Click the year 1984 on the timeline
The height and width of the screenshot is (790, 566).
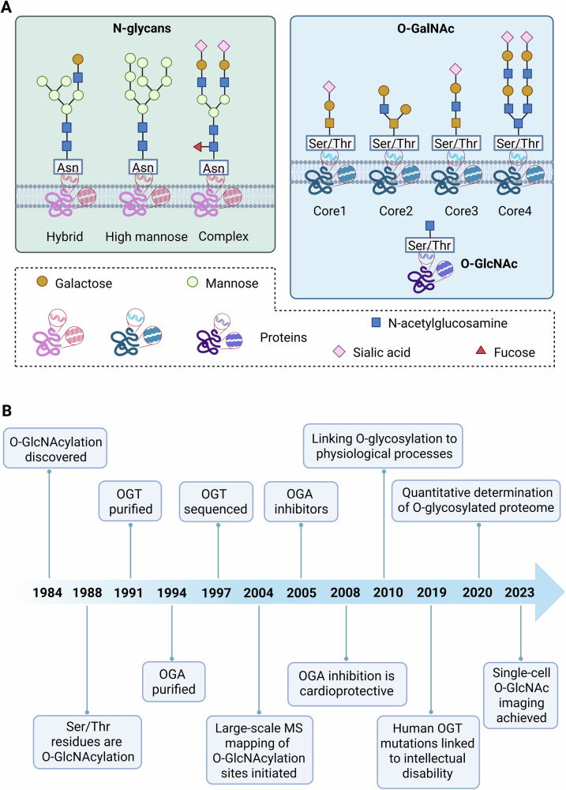point(47,592)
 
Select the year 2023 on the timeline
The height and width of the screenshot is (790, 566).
point(519,592)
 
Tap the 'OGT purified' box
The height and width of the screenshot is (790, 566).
point(130,502)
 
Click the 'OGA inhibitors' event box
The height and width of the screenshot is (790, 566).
point(301,502)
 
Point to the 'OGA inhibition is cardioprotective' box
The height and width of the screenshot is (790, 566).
point(347,683)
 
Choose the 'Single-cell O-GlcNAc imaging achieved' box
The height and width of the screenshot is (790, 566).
point(521,694)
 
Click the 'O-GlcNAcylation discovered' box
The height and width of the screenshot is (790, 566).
point(55,449)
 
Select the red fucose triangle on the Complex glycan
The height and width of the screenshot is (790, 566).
point(198,147)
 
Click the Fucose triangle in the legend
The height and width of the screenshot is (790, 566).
point(481,350)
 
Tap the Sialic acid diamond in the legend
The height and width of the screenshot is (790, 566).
point(339,352)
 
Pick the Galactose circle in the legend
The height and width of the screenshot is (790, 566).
point(42,281)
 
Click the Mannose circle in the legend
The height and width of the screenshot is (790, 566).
point(193,282)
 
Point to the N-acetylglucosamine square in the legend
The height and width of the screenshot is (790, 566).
point(376,322)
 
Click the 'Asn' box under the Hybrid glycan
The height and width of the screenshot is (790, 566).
point(67,167)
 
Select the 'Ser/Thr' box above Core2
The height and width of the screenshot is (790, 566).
point(394,143)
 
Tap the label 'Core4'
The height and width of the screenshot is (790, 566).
point(515,211)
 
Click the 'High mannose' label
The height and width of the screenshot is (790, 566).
point(146,236)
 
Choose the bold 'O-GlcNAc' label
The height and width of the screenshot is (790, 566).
point(489,264)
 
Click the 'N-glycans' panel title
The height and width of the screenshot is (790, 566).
point(142,28)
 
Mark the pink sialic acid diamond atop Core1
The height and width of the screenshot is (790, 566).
point(329,87)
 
